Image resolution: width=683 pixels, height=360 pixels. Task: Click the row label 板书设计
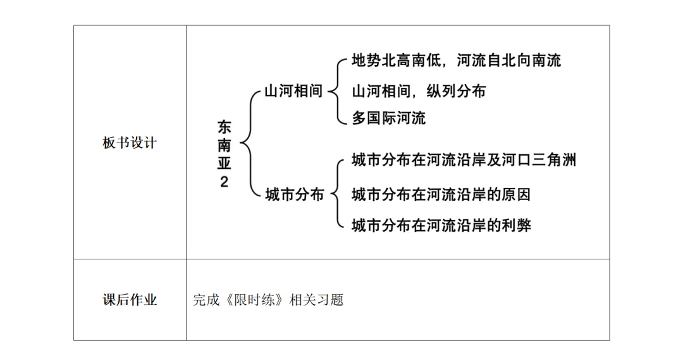click(129, 143)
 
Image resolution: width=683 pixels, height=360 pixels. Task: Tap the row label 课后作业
click(130, 300)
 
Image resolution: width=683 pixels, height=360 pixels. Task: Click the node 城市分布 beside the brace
click(295, 194)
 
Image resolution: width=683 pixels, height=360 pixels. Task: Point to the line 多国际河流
click(388, 118)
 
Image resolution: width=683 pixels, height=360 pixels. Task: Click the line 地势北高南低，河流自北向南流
click(456, 61)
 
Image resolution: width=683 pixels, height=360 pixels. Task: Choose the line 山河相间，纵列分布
click(419, 91)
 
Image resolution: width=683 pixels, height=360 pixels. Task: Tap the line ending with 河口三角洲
click(464, 159)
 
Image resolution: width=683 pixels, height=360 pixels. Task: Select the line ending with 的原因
click(441, 194)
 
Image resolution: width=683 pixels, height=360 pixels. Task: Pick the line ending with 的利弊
click(441, 225)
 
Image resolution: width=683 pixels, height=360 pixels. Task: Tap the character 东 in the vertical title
click(225, 126)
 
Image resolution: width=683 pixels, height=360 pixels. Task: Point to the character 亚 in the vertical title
click(225, 163)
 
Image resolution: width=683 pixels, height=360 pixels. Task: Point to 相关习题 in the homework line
click(316, 300)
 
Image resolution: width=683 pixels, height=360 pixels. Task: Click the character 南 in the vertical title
click(225, 144)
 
